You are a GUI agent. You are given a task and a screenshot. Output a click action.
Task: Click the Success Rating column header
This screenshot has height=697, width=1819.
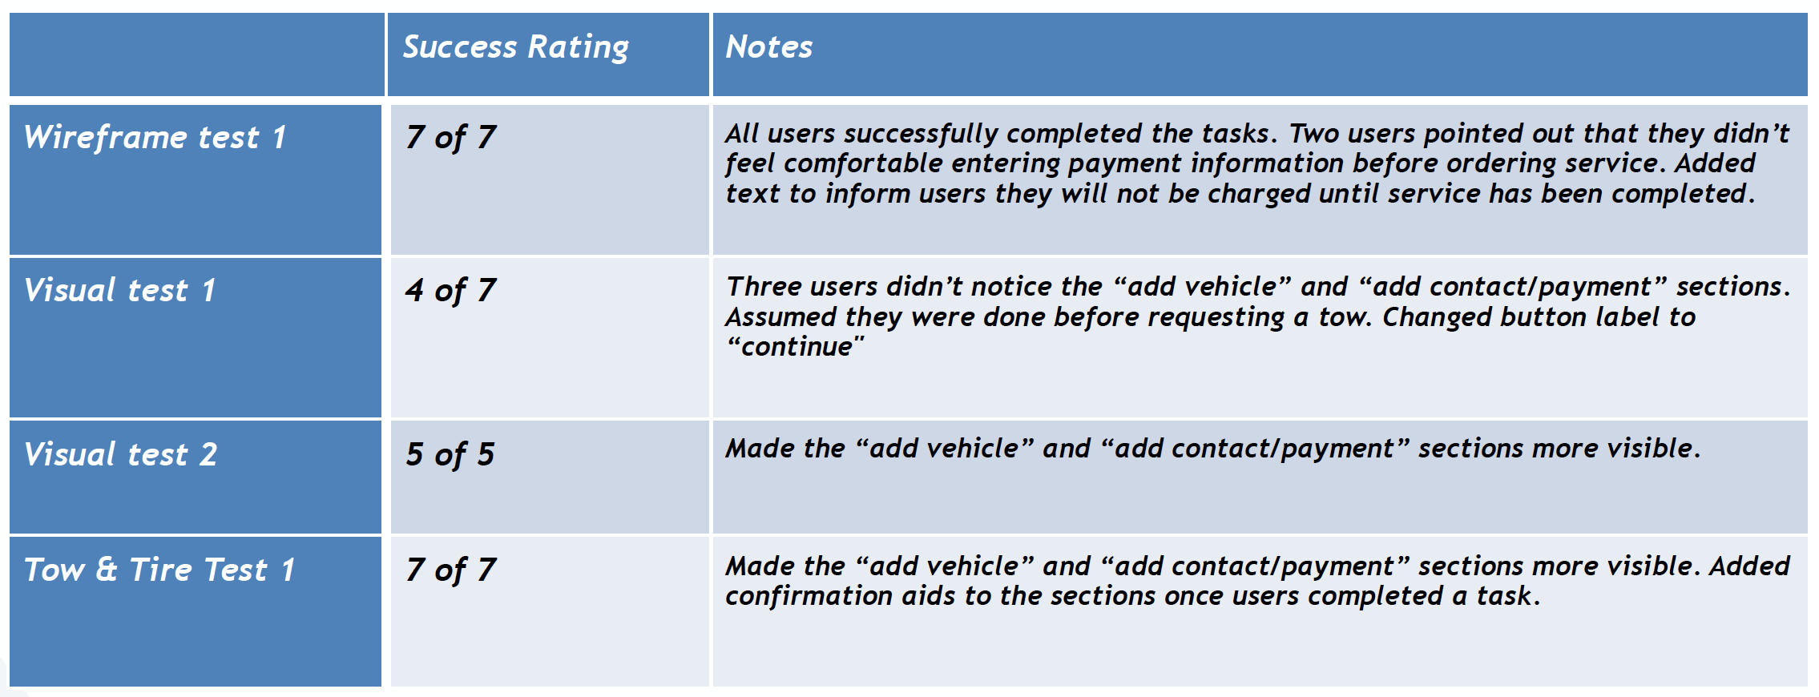point(515,47)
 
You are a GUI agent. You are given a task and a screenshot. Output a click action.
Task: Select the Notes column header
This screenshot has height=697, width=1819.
point(768,46)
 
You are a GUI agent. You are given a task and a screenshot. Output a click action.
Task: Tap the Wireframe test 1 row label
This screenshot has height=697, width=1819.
point(155,138)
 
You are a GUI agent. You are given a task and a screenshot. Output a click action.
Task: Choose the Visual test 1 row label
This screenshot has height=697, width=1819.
point(120,290)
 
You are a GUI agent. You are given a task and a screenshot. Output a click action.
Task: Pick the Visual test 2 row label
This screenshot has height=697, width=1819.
point(120,454)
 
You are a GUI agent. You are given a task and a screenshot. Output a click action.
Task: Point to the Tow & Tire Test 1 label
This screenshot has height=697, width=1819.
point(159,570)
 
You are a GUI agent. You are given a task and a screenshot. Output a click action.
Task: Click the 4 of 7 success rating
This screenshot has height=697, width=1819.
point(450,291)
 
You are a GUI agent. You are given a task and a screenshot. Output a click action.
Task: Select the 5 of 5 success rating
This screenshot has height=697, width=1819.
point(450,455)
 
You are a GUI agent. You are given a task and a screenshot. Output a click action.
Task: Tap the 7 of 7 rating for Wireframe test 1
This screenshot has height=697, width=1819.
point(450,138)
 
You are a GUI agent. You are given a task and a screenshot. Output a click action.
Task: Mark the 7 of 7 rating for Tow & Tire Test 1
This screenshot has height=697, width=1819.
point(450,570)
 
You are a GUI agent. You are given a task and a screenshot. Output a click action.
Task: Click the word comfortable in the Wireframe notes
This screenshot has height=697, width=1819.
point(862,163)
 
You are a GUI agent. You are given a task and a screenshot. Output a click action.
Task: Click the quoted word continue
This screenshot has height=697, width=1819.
point(796,347)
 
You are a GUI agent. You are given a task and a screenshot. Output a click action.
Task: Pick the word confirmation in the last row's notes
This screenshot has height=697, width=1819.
point(809,596)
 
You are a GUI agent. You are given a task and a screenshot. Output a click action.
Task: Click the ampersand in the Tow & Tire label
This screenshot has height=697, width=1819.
point(107,570)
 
